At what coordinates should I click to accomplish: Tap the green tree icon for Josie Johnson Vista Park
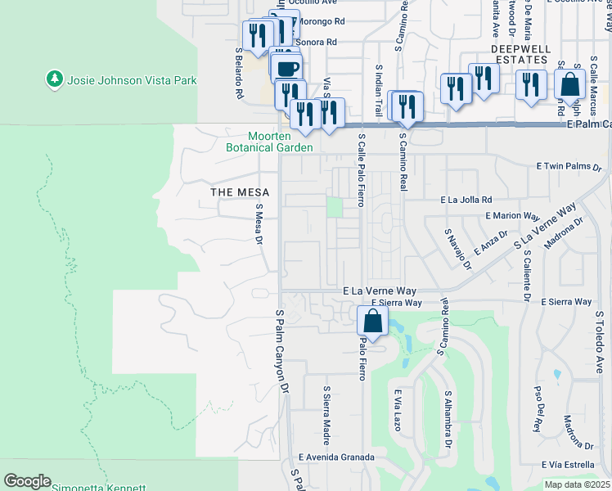[56, 79]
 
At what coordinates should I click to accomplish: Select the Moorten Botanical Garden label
[270, 142]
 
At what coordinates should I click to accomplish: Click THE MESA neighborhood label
[235, 192]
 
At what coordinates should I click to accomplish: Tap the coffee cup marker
[286, 69]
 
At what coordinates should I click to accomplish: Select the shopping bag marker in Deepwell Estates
[569, 85]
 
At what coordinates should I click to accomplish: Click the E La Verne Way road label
[380, 291]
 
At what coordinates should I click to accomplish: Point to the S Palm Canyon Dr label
[283, 352]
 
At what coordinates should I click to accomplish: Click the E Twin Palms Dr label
[569, 166]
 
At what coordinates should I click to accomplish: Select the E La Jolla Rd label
[466, 199]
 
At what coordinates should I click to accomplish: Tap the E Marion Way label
[512, 216]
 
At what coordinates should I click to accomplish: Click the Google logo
[26, 481]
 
